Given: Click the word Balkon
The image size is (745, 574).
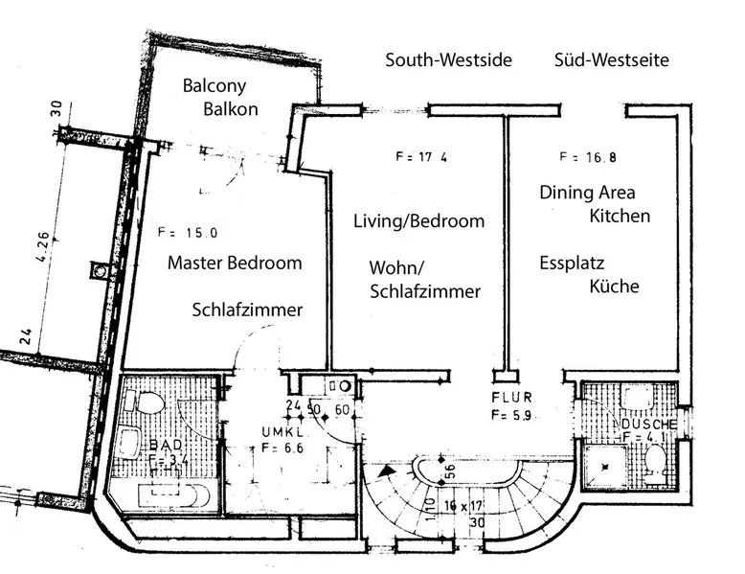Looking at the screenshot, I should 231,108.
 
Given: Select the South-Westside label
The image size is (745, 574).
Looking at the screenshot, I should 448,60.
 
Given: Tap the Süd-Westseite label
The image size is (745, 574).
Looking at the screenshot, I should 611,60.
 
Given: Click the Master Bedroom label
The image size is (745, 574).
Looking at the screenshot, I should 235,263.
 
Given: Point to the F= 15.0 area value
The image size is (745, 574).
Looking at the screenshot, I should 188,232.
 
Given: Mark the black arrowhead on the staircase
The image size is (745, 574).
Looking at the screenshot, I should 385,471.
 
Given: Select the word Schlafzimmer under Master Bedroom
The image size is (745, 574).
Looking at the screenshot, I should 247,310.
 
